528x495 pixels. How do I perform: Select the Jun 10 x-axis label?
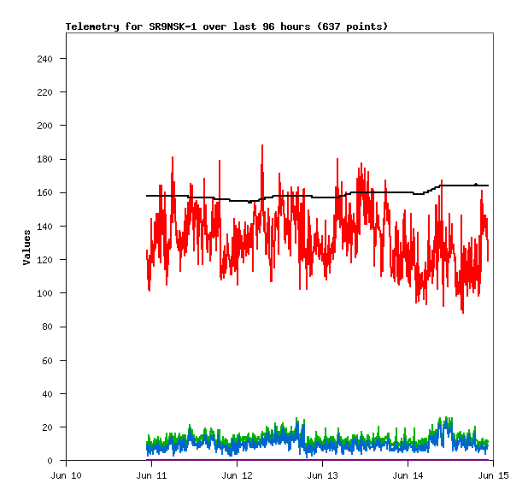[x=67, y=475]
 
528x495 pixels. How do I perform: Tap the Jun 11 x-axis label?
[x=151, y=475]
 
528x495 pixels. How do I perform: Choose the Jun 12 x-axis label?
[x=237, y=475]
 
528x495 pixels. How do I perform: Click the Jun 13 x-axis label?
[x=322, y=475]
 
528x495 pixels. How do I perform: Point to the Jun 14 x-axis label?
[x=408, y=475]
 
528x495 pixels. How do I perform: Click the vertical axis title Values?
[x=26, y=247]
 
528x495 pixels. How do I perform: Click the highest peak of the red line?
[x=262, y=145]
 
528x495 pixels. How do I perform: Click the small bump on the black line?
[x=476, y=183]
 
